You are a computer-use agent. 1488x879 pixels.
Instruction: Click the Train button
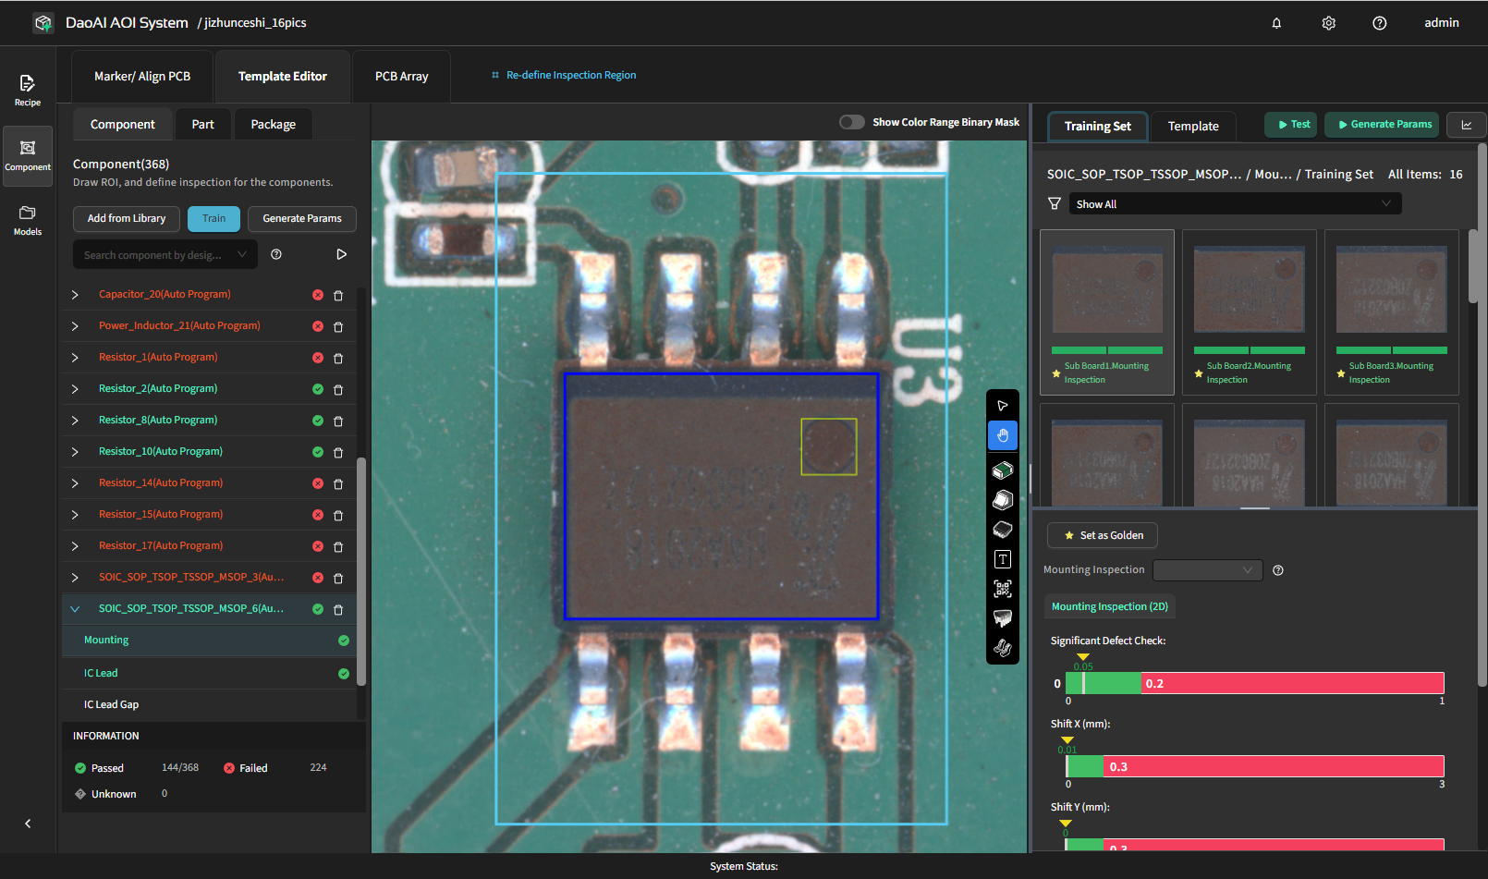213,218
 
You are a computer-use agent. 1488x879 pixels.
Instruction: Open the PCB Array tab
401,77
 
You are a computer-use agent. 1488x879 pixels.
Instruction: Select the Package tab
273,125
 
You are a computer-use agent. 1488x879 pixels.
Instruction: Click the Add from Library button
127,218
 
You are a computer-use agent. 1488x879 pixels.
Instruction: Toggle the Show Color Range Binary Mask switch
851,122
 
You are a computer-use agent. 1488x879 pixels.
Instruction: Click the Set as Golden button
1103,535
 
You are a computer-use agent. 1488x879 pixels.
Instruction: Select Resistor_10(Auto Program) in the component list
161,451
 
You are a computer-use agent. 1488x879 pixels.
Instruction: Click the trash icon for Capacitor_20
338,296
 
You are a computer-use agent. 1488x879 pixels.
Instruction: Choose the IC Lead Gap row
112,704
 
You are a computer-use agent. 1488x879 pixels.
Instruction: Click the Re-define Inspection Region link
570,75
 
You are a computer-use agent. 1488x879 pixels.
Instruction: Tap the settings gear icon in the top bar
1328,23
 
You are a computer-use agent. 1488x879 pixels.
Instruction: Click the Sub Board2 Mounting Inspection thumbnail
1249,311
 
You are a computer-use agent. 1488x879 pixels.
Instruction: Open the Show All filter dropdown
1235,204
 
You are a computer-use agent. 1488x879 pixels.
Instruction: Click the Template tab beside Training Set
1192,126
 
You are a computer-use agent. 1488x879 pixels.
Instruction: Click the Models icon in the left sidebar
28,219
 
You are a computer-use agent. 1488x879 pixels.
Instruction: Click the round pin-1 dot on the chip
828,446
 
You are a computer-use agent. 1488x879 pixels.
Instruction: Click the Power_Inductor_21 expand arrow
75,326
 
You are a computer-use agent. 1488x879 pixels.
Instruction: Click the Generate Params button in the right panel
1381,124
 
